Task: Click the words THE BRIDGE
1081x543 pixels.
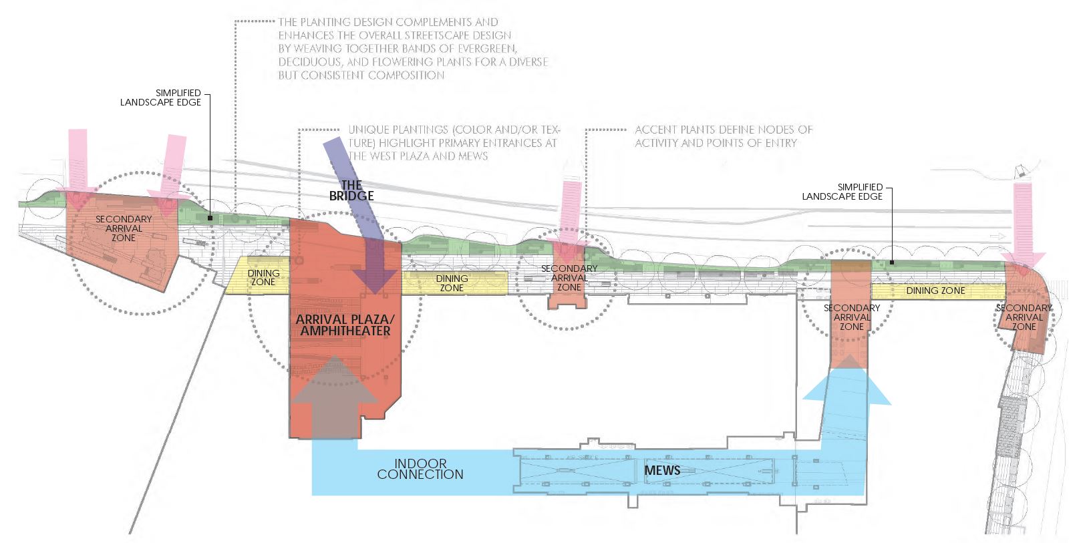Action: tap(351, 190)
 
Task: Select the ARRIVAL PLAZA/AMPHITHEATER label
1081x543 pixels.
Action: tap(345, 325)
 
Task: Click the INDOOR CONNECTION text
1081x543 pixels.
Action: tap(420, 469)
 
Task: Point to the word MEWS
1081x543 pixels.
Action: tap(662, 470)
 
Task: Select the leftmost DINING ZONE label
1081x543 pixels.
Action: tap(263, 277)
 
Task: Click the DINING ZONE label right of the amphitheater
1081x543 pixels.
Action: tap(452, 283)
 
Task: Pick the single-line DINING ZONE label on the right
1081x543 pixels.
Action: tap(935, 291)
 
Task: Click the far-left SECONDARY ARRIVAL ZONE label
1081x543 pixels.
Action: tap(124, 228)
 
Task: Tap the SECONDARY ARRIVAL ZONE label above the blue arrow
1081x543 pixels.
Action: tap(851, 317)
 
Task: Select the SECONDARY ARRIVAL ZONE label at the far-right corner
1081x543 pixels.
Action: tap(1024, 317)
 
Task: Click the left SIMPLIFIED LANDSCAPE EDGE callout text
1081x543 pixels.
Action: tap(160, 98)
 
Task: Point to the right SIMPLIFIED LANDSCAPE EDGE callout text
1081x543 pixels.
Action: tap(842, 192)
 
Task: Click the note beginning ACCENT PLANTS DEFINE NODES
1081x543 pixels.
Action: tap(723, 136)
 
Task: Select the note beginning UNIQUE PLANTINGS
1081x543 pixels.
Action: tap(453, 143)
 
